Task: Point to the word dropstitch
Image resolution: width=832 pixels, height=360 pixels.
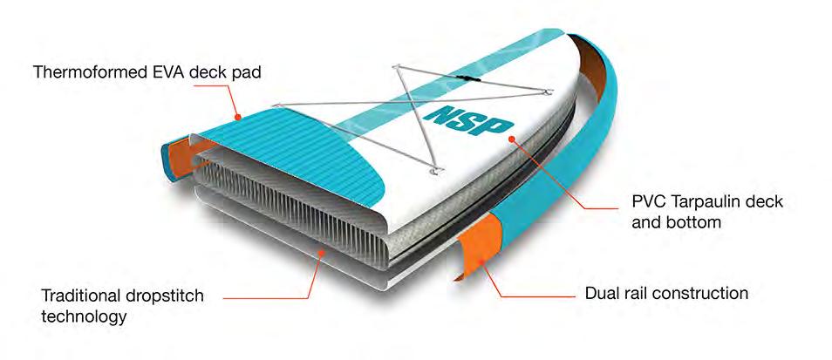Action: (x=160, y=296)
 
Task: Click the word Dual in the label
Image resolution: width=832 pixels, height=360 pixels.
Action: (x=601, y=293)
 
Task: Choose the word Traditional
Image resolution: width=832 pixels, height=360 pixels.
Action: (x=69, y=296)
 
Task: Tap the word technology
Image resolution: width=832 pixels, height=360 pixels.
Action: (x=84, y=316)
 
